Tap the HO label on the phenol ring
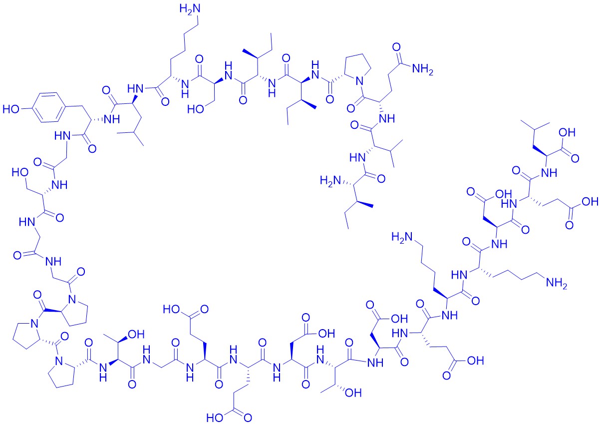[x=11, y=109]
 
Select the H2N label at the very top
[x=190, y=9]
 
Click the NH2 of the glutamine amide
[x=423, y=69]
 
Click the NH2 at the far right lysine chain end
[x=556, y=283]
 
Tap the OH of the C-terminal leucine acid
[x=567, y=132]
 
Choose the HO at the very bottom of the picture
[x=215, y=418]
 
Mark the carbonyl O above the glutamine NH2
[x=396, y=46]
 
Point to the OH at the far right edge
[x=590, y=201]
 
